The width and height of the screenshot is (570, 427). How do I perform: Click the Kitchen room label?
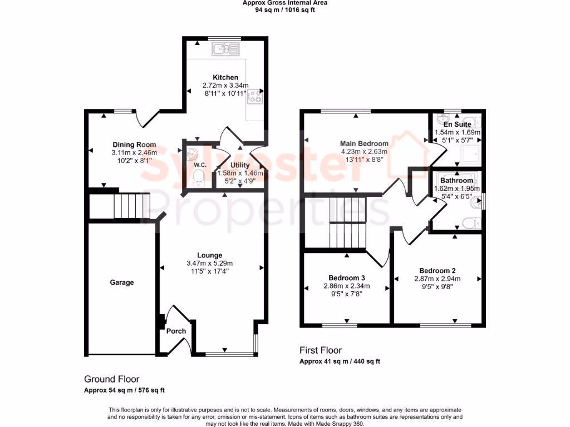click(225, 77)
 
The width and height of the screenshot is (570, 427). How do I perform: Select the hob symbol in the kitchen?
click(255, 96)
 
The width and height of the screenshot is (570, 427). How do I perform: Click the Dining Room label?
click(134, 145)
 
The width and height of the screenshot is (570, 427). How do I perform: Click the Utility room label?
click(240, 165)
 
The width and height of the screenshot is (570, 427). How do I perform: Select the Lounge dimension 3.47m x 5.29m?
click(209, 264)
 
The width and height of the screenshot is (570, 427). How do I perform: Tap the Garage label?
click(121, 282)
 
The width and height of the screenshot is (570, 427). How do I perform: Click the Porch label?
click(176, 331)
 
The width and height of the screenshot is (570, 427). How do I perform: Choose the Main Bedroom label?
click(364, 143)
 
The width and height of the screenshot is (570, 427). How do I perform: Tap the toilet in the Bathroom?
click(471, 223)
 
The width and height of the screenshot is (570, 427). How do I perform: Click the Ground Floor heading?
click(112, 379)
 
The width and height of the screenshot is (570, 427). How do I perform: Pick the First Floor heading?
click(321, 350)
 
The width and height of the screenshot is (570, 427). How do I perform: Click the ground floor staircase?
click(131, 206)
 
